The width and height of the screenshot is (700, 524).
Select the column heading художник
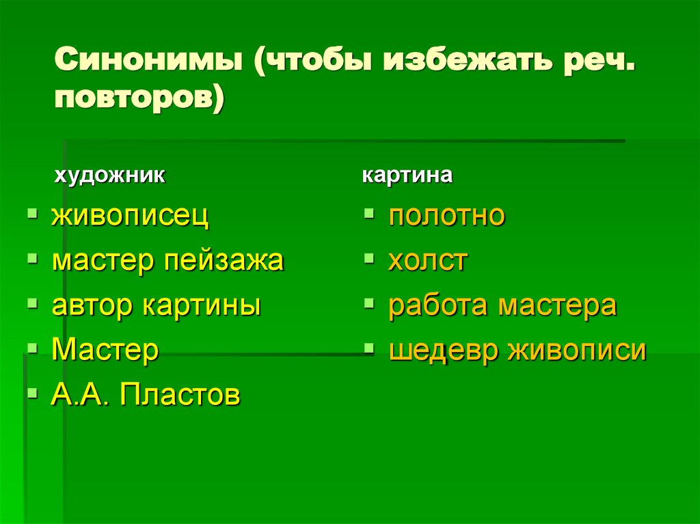[x=109, y=176]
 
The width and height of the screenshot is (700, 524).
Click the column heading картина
[x=407, y=176]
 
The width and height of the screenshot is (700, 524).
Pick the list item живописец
[x=131, y=217]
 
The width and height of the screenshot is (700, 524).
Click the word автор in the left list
[x=94, y=305]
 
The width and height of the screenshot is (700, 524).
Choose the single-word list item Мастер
[x=105, y=350]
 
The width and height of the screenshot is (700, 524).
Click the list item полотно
[x=447, y=216]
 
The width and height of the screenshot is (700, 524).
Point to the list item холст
[x=428, y=261]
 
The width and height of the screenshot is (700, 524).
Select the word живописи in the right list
[x=576, y=350]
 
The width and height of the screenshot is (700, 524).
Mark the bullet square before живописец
[x=32, y=215]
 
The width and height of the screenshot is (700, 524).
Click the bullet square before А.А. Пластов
[x=32, y=393]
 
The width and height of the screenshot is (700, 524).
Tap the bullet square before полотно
[x=369, y=215]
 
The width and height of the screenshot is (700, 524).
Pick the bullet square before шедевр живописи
[x=369, y=348]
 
